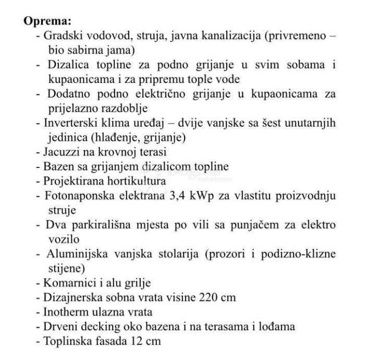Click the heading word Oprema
coord(47,23)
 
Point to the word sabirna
coord(85,50)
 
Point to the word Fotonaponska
coord(78,196)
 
